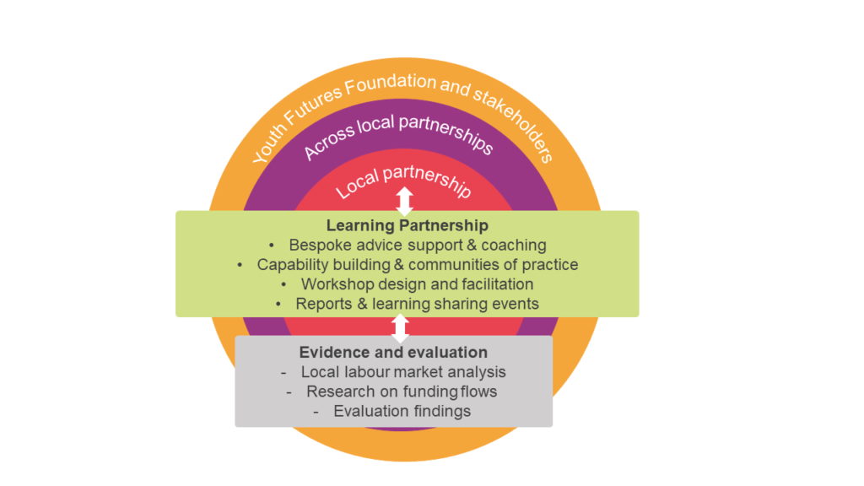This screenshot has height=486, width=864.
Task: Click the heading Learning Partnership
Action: click(408, 226)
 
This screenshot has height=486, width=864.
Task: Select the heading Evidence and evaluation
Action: click(393, 352)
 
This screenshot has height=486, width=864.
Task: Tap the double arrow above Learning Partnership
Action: click(405, 201)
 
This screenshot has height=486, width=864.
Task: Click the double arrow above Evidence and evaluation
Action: click(400, 327)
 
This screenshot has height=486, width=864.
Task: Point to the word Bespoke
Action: click(318, 246)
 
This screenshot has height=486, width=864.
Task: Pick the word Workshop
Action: click(336, 284)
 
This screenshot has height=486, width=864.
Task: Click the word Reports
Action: click(322, 304)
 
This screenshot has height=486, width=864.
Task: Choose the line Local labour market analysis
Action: click(403, 372)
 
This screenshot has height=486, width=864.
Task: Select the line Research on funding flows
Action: click(402, 391)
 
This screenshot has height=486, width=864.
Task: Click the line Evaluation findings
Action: click(402, 412)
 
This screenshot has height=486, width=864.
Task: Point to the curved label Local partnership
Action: click(403, 181)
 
